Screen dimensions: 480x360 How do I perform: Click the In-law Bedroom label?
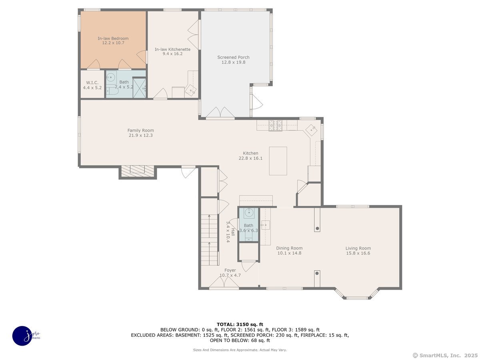113,38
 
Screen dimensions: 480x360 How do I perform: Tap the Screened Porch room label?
233,57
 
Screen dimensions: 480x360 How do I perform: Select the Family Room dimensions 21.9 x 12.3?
141,135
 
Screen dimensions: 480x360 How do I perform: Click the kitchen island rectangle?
278,161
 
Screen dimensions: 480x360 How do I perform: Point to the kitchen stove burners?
275,125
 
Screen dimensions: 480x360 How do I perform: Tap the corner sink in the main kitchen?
311,130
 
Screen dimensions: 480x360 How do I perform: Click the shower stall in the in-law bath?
139,88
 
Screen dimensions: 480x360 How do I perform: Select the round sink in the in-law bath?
111,77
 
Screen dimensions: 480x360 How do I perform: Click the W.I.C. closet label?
92,83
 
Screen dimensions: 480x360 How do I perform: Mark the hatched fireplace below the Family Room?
138,172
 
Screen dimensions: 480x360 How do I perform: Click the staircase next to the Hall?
210,240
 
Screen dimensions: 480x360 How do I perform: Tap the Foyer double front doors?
224,283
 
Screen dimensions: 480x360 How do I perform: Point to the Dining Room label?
289,248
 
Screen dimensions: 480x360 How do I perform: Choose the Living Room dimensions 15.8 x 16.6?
358,253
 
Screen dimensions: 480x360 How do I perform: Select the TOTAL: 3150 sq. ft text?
240,324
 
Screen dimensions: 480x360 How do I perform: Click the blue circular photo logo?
22,336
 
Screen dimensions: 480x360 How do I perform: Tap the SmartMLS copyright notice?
445,356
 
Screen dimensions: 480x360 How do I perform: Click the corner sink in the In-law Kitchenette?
191,90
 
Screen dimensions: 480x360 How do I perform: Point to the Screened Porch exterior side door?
256,102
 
